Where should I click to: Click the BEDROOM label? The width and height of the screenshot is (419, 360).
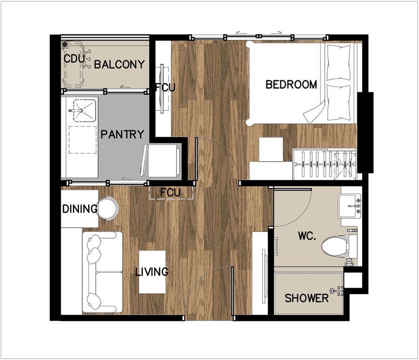tap(291, 84)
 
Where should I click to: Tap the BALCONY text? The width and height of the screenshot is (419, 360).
tap(119, 64)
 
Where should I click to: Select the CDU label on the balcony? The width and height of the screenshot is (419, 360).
tap(74, 59)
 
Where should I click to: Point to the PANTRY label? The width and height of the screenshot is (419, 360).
tap(122, 134)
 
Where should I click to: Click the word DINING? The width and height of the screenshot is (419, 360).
tap(80, 209)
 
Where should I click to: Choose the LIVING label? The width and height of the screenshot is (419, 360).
tap(152, 272)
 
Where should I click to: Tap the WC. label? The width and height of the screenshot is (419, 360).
tap(307, 236)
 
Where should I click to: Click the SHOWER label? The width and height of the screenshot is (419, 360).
tap(306, 298)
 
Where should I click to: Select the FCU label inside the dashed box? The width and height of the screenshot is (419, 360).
tap(170, 192)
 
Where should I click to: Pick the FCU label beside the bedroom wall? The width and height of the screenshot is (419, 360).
tap(165, 88)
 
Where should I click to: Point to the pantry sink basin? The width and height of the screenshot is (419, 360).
tap(84, 111)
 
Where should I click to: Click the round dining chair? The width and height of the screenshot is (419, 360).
tap(108, 208)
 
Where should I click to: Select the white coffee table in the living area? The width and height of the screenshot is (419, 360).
tap(152, 272)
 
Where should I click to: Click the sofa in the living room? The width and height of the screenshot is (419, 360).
tap(102, 272)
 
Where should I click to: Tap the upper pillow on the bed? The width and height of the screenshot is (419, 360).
tap(339, 62)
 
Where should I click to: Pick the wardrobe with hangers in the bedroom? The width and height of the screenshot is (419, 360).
tap(325, 164)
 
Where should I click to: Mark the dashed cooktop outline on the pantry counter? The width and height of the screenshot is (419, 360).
tap(82, 140)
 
